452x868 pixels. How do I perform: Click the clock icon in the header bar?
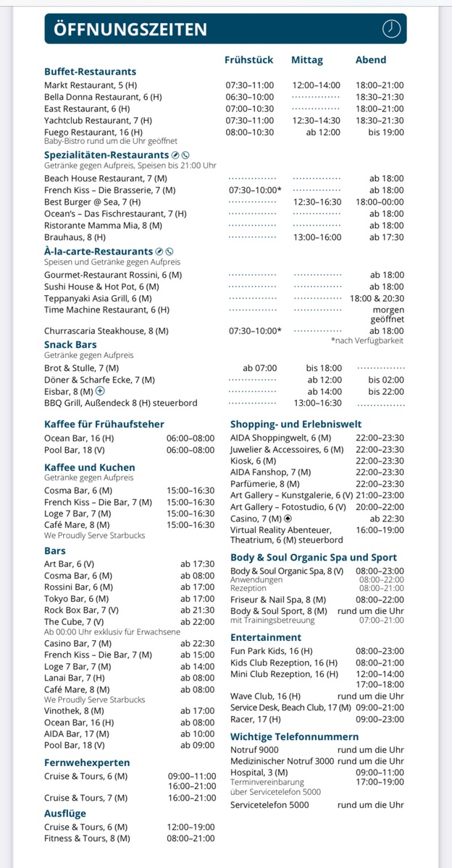click(391, 28)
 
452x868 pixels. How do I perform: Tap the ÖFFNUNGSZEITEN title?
click(130, 29)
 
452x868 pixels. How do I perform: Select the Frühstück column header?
click(248, 60)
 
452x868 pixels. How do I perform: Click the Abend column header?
click(371, 60)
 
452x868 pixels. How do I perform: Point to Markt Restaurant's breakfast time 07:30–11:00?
click(249, 85)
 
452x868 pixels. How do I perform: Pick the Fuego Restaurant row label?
click(93, 132)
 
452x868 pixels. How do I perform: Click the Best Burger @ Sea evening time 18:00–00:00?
click(380, 202)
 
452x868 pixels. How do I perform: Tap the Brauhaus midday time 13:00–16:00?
click(317, 237)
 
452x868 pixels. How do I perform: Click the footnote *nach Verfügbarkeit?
click(367, 341)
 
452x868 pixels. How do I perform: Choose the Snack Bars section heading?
click(70, 344)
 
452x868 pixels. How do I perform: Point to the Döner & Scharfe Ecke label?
click(99, 380)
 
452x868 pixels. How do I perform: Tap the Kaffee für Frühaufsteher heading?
click(104, 424)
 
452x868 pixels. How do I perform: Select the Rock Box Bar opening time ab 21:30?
click(198, 610)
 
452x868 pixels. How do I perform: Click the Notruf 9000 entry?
click(254, 750)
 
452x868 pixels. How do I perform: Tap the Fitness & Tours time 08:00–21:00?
click(191, 838)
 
